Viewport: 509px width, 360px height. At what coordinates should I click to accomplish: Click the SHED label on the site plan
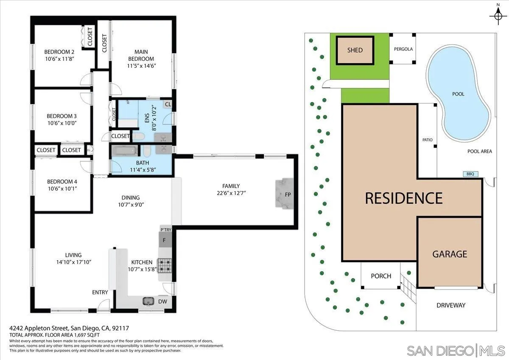(355, 50)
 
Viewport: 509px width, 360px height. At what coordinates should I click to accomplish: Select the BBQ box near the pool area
(470, 174)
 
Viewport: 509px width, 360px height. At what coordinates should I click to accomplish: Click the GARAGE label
(450, 254)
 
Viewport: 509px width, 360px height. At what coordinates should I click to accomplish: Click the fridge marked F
(165, 240)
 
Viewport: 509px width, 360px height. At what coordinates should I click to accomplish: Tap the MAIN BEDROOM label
(142, 55)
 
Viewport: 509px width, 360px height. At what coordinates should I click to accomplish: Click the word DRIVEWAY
(451, 305)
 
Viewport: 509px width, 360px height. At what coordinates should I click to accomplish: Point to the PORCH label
(380, 276)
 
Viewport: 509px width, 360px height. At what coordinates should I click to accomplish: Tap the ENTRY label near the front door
(100, 292)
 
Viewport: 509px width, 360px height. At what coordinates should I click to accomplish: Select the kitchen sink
(148, 301)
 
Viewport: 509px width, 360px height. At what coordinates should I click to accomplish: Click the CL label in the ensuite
(168, 104)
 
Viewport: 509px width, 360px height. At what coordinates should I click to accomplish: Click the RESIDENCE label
(404, 198)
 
